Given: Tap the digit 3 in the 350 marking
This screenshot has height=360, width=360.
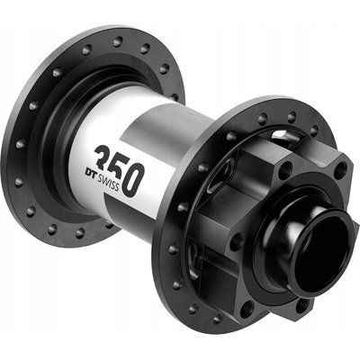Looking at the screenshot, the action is (103, 157).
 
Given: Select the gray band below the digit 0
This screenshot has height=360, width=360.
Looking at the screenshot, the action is (132, 217).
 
